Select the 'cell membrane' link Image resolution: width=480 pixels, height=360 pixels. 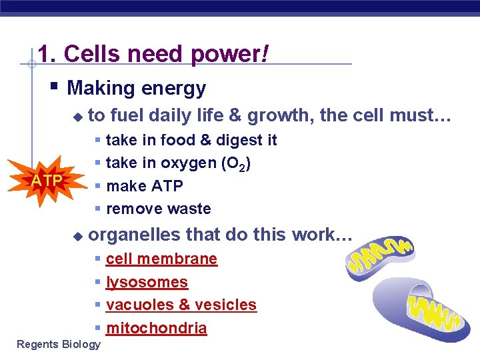[161, 259]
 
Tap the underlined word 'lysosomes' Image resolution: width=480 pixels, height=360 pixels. [147, 282]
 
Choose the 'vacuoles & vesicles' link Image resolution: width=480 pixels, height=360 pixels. [181, 305]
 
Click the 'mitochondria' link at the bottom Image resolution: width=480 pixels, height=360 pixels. [156, 328]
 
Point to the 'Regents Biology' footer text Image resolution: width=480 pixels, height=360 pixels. [59, 344]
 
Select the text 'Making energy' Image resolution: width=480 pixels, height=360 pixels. [137, 88]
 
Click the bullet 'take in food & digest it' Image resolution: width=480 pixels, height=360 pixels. [191, 140]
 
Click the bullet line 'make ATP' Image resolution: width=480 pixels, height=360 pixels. [144, 186]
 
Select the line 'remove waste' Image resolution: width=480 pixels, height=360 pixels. [158, 209]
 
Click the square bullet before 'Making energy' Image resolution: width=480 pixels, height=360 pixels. [55, 86]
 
